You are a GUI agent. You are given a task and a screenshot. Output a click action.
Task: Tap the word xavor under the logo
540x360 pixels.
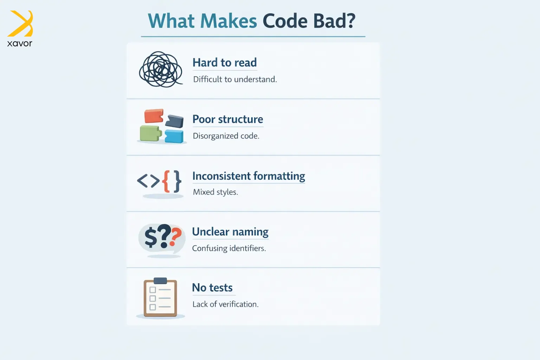[x=20, y=43]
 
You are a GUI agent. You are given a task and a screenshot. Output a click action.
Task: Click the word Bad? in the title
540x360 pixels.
[x=334, y=21]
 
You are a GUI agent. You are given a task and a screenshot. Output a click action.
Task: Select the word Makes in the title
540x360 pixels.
[x=229, y=21]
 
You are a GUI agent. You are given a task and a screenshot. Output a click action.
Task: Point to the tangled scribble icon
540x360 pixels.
[x=161, y=70]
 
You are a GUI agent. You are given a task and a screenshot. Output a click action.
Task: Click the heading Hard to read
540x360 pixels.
[x=225, y=63]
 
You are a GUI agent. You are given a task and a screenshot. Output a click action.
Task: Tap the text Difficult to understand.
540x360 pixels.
[x=235, y=79]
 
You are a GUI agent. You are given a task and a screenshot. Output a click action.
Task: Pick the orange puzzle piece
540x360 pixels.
[x=154, y=116]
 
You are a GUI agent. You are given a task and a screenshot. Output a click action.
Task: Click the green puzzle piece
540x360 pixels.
[x=150, y=133]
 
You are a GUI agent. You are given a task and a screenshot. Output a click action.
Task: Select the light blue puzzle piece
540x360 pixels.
[x=174, y=136]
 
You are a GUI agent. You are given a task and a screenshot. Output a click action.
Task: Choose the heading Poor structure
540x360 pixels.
[x=228, y=119]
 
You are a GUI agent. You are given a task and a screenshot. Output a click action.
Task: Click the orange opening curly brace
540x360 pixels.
[x=166, y=181]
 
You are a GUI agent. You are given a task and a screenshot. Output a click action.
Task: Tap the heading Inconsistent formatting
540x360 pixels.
[x=249, y=176]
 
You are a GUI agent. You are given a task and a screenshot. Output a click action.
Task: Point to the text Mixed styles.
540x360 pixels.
[x=216, y=192]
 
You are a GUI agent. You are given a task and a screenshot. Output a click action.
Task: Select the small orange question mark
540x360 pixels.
[x=175, y=237]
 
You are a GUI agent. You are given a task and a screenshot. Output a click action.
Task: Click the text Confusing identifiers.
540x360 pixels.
[x=229, y=248]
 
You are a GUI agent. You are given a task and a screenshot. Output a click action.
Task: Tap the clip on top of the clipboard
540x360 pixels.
[x=160, y=281]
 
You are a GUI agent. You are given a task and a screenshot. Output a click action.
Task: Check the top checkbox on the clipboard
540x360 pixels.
[x=153, y=290]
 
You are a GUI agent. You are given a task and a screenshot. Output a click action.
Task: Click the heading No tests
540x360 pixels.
[x=212, y=288]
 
